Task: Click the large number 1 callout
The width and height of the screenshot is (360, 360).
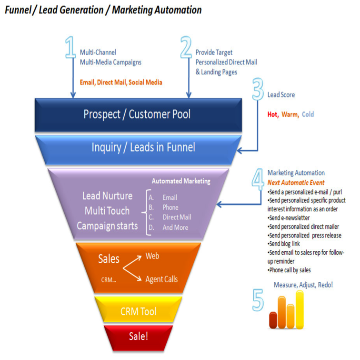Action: point(70,48)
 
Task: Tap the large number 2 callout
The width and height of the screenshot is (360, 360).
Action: point(186,48)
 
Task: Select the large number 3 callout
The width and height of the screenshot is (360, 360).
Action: point(258,89)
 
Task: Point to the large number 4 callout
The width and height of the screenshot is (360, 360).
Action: point(258,179)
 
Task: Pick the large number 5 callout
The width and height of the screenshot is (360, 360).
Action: point(258,300)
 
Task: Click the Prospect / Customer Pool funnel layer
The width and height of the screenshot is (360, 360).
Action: point(137,114)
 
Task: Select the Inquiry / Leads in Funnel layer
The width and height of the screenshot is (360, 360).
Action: point(143,147)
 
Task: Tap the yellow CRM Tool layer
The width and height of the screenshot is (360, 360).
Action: point(138,311)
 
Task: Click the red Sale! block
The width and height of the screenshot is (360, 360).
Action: point(138,336)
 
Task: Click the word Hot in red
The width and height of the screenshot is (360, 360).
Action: point(272,114)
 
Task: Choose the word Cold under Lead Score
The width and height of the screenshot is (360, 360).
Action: point(308,114)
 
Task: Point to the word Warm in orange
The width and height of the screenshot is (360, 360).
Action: point(290,114)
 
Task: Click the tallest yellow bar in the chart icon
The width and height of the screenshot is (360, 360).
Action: point(300,309)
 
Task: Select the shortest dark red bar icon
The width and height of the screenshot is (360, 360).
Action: point(273,320)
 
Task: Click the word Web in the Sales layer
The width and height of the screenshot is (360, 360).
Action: point(152,256)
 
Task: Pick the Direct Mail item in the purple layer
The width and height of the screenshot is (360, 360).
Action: point(177,217)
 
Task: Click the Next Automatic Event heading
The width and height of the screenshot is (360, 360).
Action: point(296,183)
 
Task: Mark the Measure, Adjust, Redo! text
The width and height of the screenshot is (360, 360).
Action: point(303,285)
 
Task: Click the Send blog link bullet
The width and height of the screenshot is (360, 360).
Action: point(284,244)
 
